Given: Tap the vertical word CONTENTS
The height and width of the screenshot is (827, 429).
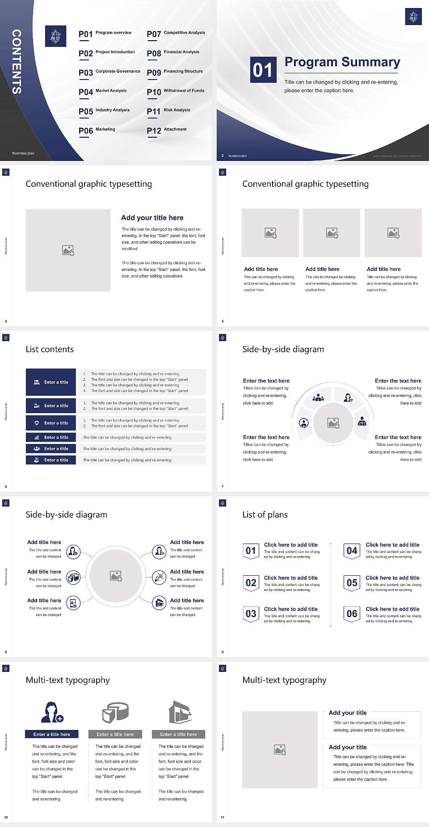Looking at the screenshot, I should point(17,62).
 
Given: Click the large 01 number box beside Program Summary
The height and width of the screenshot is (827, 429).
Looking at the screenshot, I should point(262,70).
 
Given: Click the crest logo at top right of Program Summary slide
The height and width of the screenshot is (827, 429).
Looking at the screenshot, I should point(413,17).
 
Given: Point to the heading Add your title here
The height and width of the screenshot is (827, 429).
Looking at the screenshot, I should point(152,218).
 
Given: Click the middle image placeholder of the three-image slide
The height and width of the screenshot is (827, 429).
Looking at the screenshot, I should point(332,233).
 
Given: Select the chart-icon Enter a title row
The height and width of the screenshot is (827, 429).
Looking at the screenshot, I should point(51,437).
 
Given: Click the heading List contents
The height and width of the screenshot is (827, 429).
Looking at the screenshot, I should point(50,349).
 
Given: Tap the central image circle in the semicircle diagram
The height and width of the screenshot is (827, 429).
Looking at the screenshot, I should point(333,422).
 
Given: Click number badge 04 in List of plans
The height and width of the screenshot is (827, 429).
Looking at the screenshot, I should point(352,551).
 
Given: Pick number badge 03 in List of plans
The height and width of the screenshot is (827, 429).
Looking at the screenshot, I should point(251,614).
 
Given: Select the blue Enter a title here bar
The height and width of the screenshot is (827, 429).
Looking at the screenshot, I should point(52,734).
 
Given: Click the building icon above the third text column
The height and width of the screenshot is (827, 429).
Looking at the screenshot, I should point(180,712).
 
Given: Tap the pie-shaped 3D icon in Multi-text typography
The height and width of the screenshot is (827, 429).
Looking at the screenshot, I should point(115,712).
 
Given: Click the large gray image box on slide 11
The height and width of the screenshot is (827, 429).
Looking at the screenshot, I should point(280,750).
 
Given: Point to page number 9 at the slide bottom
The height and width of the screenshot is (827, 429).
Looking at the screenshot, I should point(223,652).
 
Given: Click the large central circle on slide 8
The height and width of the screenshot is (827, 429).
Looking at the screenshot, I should point(116,576).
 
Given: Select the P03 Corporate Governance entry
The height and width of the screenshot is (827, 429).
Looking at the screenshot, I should point(109,73).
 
